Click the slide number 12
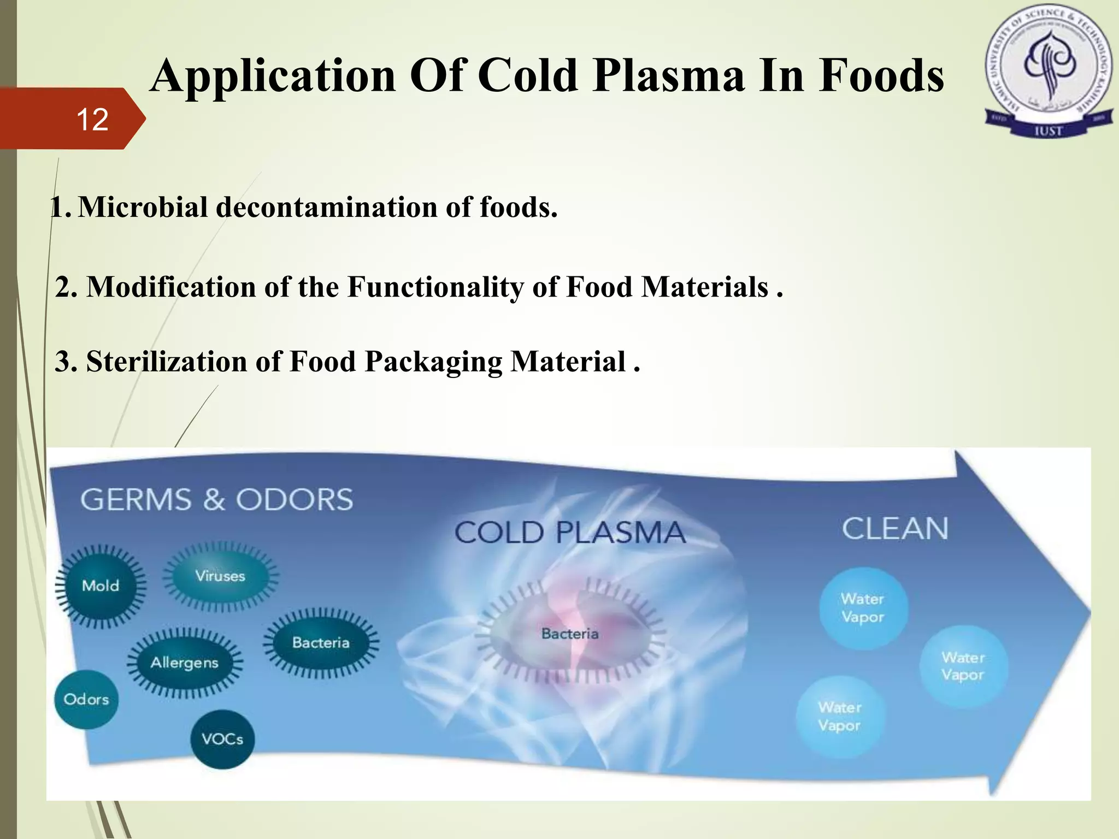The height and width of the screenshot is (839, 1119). [92, 119]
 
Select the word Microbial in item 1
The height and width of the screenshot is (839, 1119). [143, 208]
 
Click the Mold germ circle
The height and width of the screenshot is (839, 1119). [101, 586]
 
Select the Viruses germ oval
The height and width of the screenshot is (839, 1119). [221, 576]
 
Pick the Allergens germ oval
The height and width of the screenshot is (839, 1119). [185, 663]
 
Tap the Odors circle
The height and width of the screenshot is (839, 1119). [86, 699]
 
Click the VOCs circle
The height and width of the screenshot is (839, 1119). [222, 740]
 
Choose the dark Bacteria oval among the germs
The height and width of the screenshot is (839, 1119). [321, 642]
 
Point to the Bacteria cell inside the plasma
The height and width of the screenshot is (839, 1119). [570, 634]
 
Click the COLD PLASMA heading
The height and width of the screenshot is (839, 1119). [570, 533]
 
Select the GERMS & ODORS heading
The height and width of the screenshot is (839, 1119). [217, 499]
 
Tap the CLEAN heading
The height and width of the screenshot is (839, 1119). [895, 529]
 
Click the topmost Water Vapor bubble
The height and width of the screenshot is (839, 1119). [863, 608]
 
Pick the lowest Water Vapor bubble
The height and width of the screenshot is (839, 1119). [840, 717]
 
